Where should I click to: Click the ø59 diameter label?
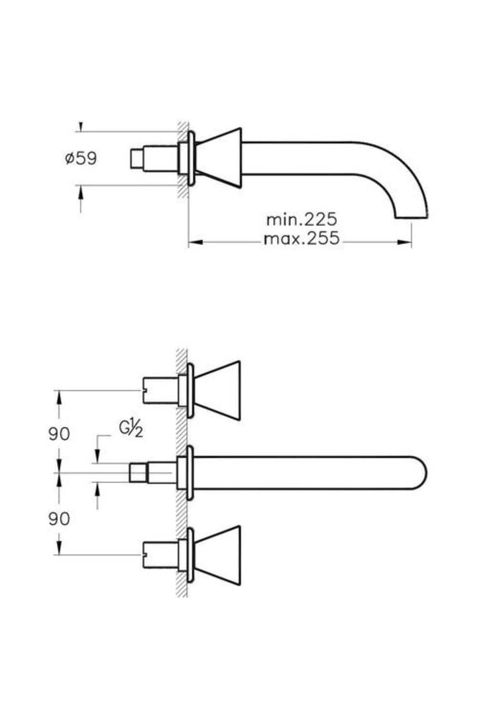[x=81, y=159]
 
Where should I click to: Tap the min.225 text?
[x=302, y=219]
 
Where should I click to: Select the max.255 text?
[x=302, y=239]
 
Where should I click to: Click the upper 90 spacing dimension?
[x=59, y=434]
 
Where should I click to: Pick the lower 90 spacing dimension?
[x=59, y=519]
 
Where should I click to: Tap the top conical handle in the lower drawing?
[x=219, y=390]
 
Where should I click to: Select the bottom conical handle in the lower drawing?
[x=219, y=555]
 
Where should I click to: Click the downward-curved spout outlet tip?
[x=411, y=215]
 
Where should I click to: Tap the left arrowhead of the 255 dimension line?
[x=195, y=242]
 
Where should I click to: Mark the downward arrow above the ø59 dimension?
[x=81, y=127]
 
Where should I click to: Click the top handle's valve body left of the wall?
[x=159, y=390]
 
